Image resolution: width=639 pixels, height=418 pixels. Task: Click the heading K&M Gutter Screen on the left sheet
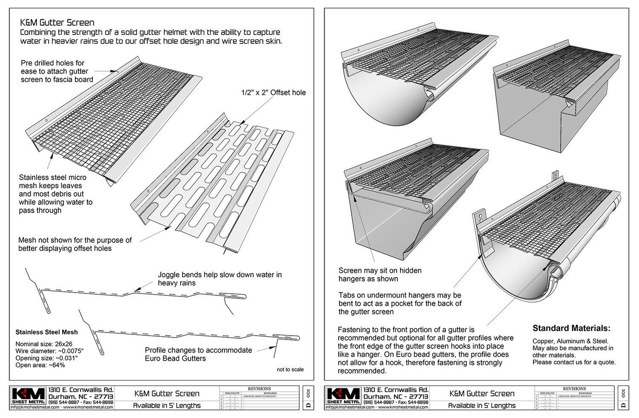(x=57, y=23)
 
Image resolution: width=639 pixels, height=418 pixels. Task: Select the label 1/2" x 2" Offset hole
(x=273, y=93)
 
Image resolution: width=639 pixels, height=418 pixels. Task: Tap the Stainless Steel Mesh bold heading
(x=46, y=332)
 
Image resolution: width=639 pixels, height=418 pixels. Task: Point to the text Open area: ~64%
(x=40, y=365)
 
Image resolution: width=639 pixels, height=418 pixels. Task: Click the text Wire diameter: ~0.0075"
(x=49, y=351)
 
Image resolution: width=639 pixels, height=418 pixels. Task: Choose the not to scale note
(x=290, y=369)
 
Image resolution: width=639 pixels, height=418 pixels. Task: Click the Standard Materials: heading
(x=571, y=328)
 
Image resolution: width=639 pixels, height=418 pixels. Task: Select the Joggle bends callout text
(x=219, y=279)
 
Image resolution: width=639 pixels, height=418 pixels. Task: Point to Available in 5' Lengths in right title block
(x=482, y=405)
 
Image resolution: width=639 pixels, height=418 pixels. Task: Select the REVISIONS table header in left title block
(x=259, y=389)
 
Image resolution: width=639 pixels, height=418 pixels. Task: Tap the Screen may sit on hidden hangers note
(x=380, y=274)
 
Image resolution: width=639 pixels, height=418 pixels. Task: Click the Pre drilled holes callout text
(x=57, y=71)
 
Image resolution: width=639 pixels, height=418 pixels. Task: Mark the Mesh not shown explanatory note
(x=75, y=244)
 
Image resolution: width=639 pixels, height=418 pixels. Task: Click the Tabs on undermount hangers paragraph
(x=400, y=303)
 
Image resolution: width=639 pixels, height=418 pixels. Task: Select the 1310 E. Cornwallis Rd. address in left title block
(x=81, y=389)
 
